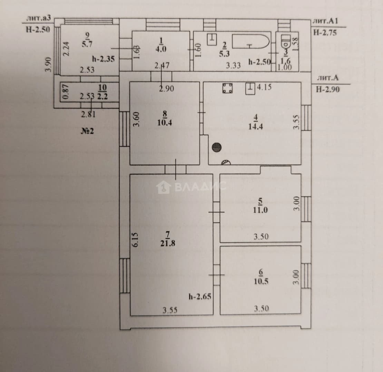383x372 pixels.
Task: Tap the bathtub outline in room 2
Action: (x=251, y=42)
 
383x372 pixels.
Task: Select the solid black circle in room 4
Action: (x=217, y=147)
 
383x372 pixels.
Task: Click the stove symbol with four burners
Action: (x=227, y=88)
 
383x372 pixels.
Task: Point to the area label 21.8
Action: (x=168, y=243)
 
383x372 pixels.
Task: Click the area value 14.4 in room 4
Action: (x=255, y=126)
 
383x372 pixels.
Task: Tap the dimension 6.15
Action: (x=135, y=240)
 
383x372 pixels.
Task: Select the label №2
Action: (x=87, y=131)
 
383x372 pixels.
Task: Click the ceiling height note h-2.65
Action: (x=200, y=297)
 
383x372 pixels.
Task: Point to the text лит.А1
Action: (x=325, y=21)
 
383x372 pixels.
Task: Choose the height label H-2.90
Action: (x=328, y=89)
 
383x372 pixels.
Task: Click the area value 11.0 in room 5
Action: (x=260, y=210)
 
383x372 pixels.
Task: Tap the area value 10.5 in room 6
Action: (x=261, y=281)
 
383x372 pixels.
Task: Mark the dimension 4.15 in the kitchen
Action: (x=264, y=87)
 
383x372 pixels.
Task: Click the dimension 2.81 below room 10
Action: (x=88, y=114)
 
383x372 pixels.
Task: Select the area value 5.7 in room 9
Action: (x=87, y=44)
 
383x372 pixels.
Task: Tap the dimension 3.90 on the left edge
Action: (x=49, y=65)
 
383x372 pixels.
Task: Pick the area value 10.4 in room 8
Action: (x=165, y=122)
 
